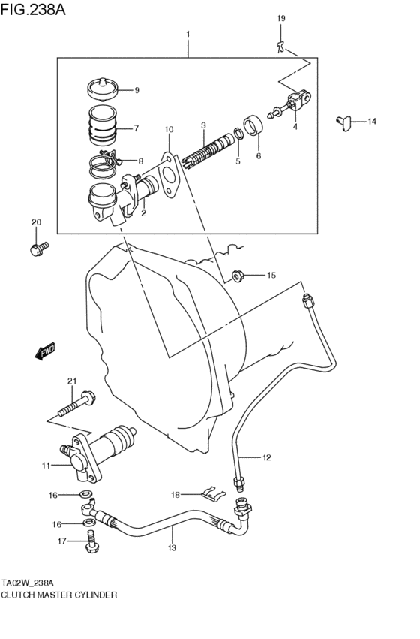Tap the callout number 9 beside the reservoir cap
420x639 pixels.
[137, 91]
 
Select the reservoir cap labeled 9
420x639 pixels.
[103, 89]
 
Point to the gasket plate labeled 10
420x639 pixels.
[169, 175]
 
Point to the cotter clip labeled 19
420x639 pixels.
[281, 47]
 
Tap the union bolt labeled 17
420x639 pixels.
[91, 541]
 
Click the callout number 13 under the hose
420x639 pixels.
[171, 548]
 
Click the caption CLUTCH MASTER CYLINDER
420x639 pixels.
[59, 594]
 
